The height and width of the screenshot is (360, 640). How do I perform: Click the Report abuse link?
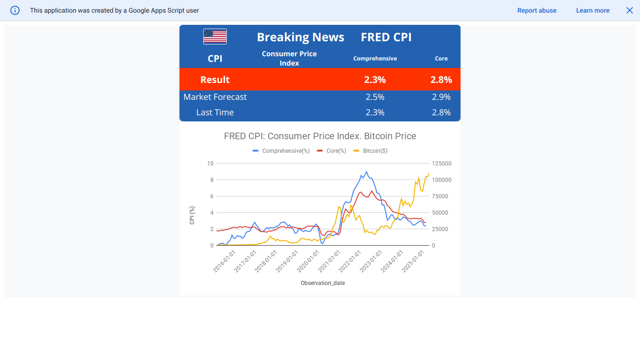(x=536, y=10)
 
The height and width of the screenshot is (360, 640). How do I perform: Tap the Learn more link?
(x=593, y=10)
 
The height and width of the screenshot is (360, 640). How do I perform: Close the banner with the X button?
(x=630, y=10)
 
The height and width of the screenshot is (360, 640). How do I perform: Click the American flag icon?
(x=215, y=37)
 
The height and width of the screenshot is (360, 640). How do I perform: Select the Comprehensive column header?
(x=375, y=59)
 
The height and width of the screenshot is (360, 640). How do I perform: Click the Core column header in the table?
(x=441, y=59)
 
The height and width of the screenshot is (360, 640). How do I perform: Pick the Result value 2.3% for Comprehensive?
(x=375, y=80)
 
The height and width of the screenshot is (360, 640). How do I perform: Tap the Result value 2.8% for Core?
(x=441, y=80)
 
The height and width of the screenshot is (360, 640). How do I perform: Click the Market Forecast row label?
(x=215, y=97)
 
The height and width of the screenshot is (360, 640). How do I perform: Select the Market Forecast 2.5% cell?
(x=375, y=97)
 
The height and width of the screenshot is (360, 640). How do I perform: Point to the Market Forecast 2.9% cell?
(x=441, y=97)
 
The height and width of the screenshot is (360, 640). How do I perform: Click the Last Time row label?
(x=215, y=112)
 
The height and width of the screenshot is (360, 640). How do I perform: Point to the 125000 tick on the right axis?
(x=441, y=164)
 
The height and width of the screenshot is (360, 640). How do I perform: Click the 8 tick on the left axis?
(x=212, y=180)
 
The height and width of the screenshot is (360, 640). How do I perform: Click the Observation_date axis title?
(x=323, y=283)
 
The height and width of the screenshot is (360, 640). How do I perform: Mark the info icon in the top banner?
(x=15, y=10)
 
